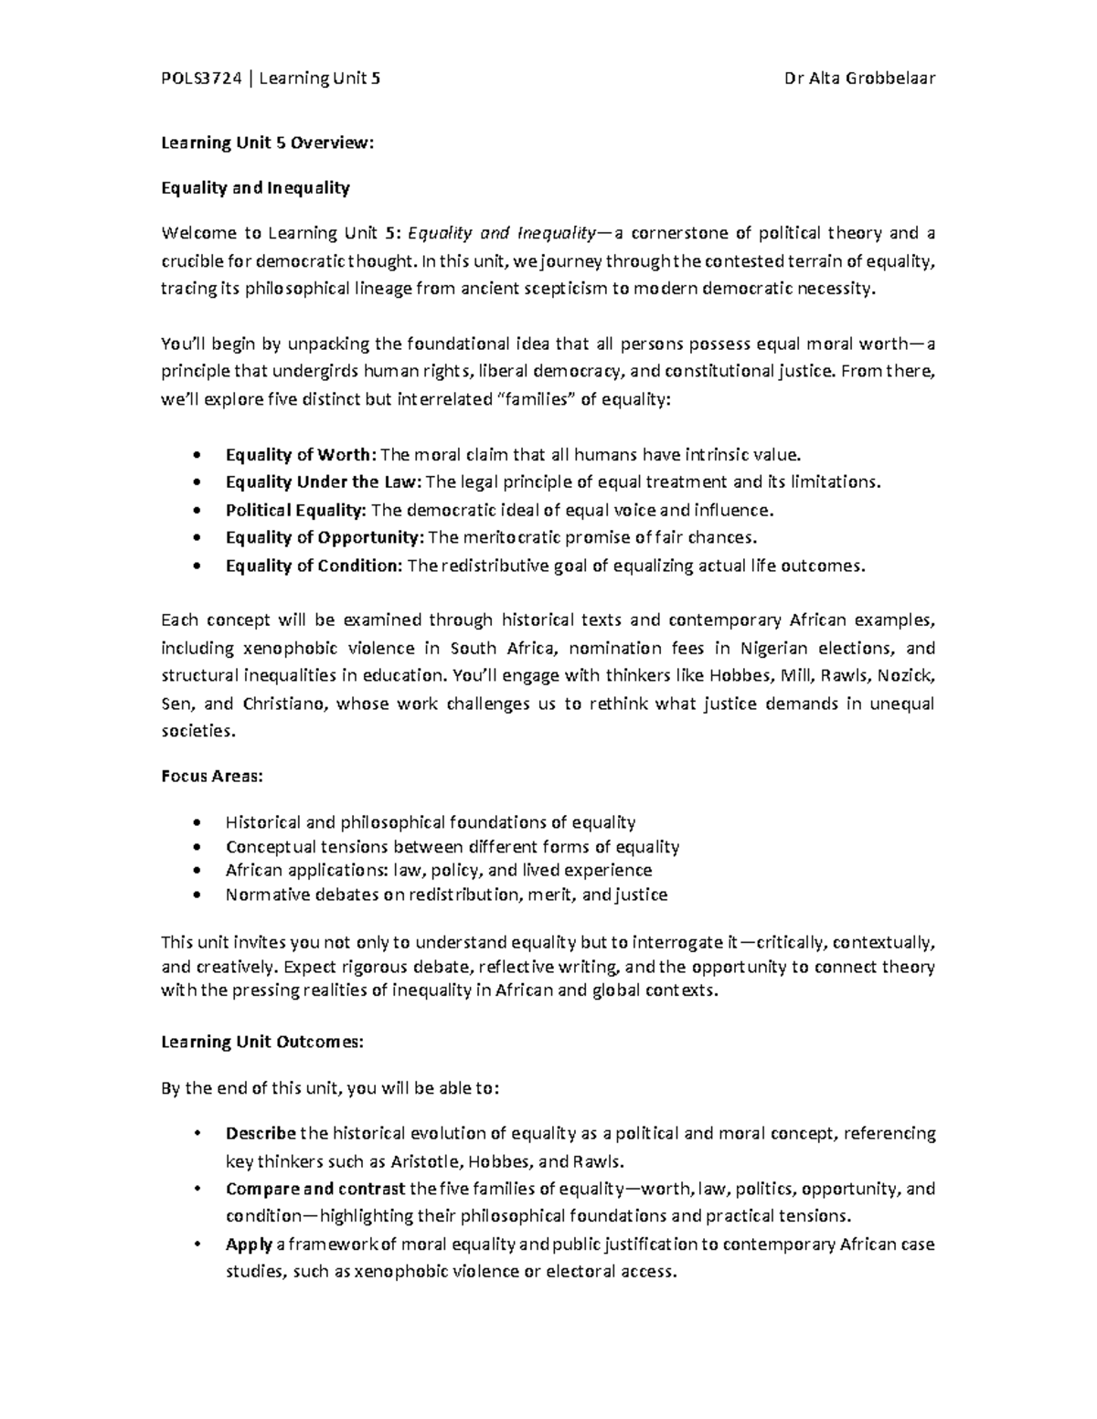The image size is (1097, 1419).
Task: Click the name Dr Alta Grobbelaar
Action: point(859,79)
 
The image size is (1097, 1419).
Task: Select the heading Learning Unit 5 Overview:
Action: point(268,143)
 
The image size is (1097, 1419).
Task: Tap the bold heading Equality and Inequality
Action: point(255,188)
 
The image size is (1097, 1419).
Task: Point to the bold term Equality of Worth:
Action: point(300,454)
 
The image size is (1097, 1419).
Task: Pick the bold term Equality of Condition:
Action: point(314,566)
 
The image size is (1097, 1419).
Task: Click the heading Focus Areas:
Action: point(212,776)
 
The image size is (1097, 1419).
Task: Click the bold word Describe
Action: point(261,1134)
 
